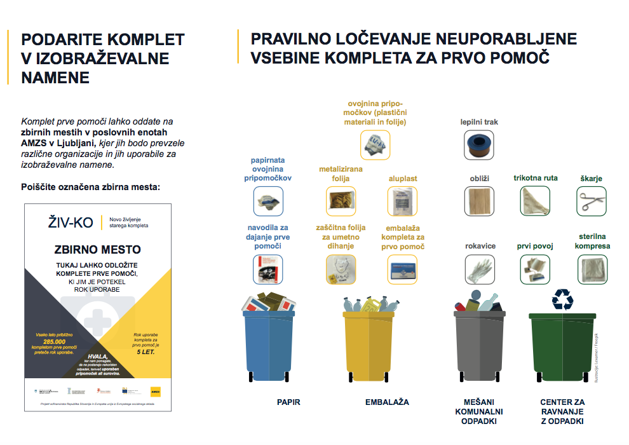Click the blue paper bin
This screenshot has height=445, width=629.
tap(269, 343)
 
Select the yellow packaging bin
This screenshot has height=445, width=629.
tap(368, 343)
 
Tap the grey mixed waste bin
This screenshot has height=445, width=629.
tap(479, 343)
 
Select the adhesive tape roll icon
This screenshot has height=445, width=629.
tap(479, 145)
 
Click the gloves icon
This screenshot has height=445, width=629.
tap(480, 270)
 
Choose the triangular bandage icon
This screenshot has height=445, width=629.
tap(535, 202)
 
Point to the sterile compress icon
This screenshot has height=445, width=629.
tap(592, 270)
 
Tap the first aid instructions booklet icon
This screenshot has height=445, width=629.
tap(267, 270)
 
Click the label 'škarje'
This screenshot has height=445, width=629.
tap(591, 179)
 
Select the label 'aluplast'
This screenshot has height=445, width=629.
tap(403, 179)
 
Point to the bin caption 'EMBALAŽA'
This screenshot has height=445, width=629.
tap(387, 402)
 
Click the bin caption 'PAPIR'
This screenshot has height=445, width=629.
tap(288, 402)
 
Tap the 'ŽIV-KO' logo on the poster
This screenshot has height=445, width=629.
tap(71, 222)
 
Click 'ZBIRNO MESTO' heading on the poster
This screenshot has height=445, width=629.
tap(97, 249)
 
